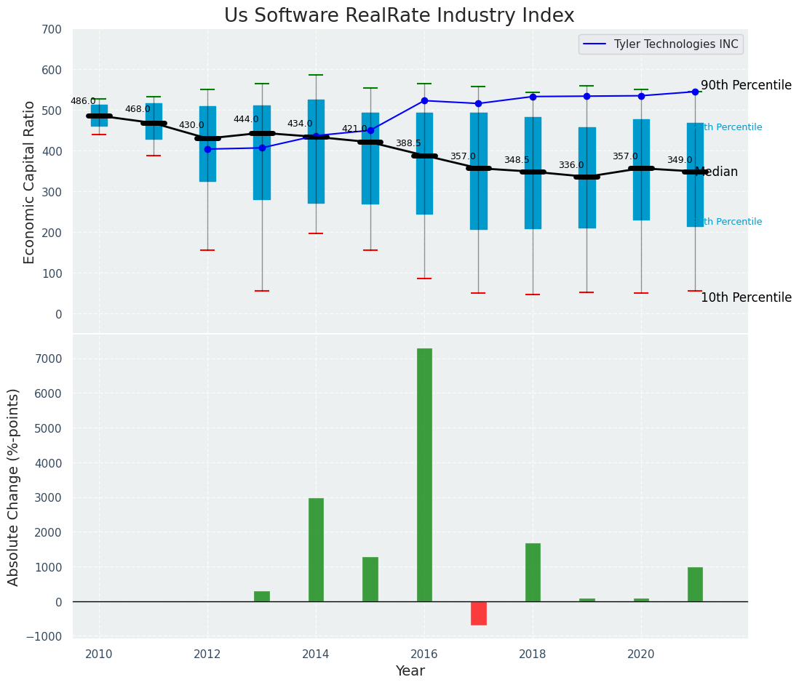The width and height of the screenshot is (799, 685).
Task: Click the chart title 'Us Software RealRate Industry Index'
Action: tap(399, 16)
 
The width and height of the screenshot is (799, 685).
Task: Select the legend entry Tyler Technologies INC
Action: tap(675, 44)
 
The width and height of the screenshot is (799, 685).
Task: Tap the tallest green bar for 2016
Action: tap(424, 474)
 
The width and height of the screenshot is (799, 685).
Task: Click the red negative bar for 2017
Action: tap(478, 613)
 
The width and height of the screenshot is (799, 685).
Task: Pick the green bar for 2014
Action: tap(316, 550)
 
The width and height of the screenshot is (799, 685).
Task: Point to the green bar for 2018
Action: tap(533, 572)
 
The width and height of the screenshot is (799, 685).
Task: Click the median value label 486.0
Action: tap(83, 101)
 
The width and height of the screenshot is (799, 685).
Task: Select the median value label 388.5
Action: tap(408, 143)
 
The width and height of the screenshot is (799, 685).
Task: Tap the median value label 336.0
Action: tap(571, 165)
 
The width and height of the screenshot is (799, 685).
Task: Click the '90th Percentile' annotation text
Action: tap(746, 85)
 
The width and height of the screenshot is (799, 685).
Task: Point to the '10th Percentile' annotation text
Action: tap(746, 297)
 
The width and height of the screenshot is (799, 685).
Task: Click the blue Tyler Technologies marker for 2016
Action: tap(424, 100)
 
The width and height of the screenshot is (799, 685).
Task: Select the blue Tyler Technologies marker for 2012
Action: tap(207, 149)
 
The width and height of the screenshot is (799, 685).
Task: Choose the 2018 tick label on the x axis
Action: tap(533, 654)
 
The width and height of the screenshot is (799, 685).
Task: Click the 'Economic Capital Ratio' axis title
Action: tap(29, 182)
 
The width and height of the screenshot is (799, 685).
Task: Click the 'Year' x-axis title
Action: tap(410, 671)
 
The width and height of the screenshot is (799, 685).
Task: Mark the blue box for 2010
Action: tap(99, 115)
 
